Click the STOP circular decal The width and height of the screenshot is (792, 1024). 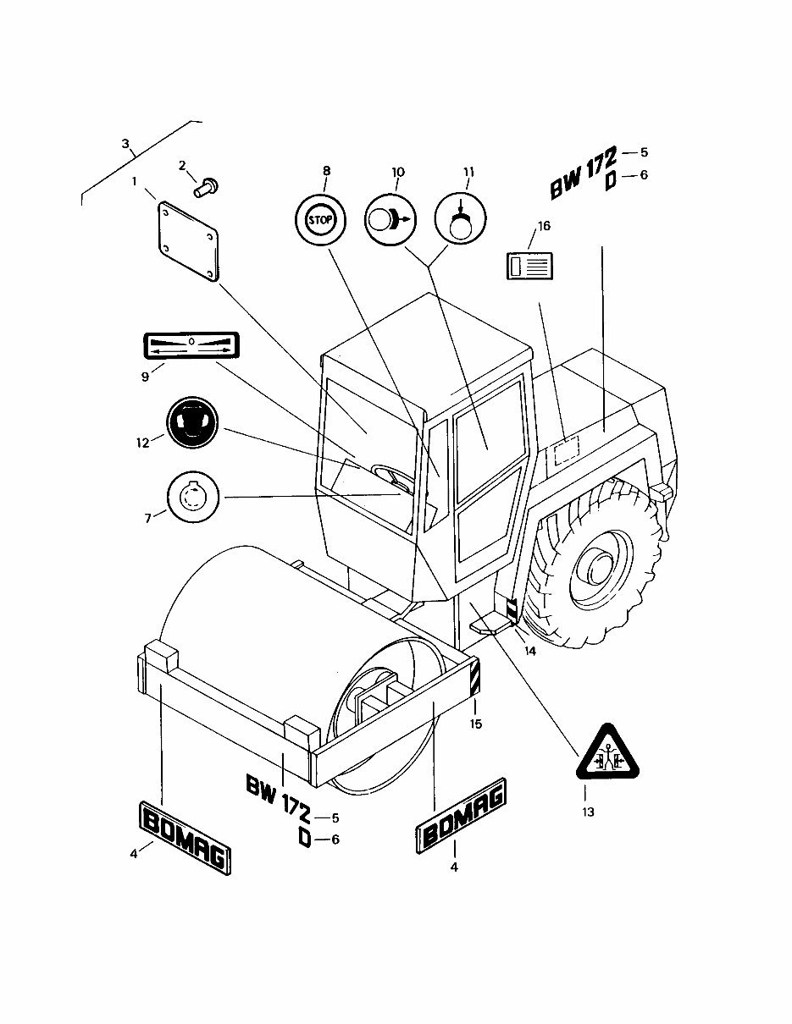click(x=320, y=221)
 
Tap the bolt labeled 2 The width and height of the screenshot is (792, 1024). click(x=206, y=185)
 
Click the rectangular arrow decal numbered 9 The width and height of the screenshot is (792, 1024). click(x=191, y=345)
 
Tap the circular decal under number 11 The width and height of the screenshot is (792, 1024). click(x=460, y=220)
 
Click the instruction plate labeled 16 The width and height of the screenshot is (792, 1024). click(x=531, y=265)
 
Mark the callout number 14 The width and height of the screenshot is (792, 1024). click(x=529, y=652)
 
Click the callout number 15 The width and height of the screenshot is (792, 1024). click(x=476, y=724)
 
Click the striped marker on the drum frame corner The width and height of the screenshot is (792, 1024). click(x=475, y=678)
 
